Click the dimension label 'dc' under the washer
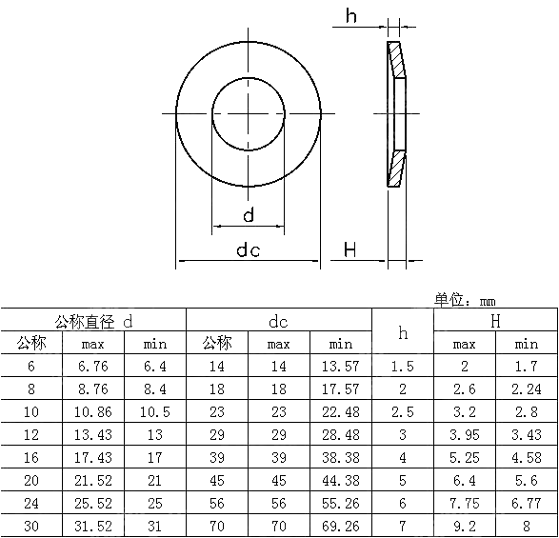click(249, 249)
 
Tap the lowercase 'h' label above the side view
click(351, 16)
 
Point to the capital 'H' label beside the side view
click(349, 249)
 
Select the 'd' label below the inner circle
click(249, 215)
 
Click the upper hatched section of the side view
click(396, 59)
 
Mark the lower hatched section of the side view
click(396, 169)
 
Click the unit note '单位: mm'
click(465, 300)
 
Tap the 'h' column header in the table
click(403, 332)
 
